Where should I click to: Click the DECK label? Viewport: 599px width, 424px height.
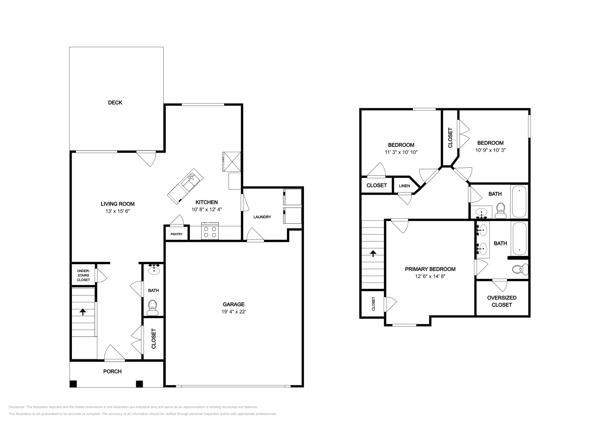[115, 103]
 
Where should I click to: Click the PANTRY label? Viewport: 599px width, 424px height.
[177, 234]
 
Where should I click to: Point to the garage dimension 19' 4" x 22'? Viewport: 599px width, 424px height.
[234, 312]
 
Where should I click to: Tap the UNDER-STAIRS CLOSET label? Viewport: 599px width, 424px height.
[83, 275]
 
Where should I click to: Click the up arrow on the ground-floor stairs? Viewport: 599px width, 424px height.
[82, 312]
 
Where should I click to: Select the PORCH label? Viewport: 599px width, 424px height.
[112, 372]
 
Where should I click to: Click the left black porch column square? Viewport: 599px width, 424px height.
[73, 384]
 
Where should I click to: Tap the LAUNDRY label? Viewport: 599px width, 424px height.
[262, 217]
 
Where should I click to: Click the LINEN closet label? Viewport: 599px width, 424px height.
[404, 186]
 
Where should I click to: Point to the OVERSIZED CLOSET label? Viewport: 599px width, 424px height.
[502, 301]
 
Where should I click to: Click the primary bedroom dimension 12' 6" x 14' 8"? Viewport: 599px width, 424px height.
[430, 276]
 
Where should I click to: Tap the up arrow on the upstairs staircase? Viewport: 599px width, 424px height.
[373, 254]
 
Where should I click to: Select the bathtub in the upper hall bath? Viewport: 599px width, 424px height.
[519, 202]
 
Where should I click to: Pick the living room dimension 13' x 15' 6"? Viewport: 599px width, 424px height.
[117, 211]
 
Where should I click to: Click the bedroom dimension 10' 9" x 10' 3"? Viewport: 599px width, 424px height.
[490, 150]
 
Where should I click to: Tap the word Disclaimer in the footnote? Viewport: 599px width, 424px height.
[16, 407]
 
